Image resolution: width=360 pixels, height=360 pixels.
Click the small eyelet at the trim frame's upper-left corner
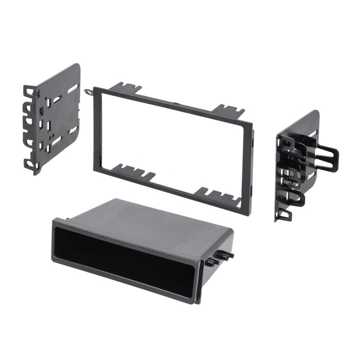[x=88, y=92]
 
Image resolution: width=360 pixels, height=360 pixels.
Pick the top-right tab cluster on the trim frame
[x=229, y=110]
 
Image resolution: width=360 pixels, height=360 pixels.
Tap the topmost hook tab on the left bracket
[x=29, y=92]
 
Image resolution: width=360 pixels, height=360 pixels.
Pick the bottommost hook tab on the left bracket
[x=31, y=164]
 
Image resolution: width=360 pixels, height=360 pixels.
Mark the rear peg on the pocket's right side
[x=227, y=255]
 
